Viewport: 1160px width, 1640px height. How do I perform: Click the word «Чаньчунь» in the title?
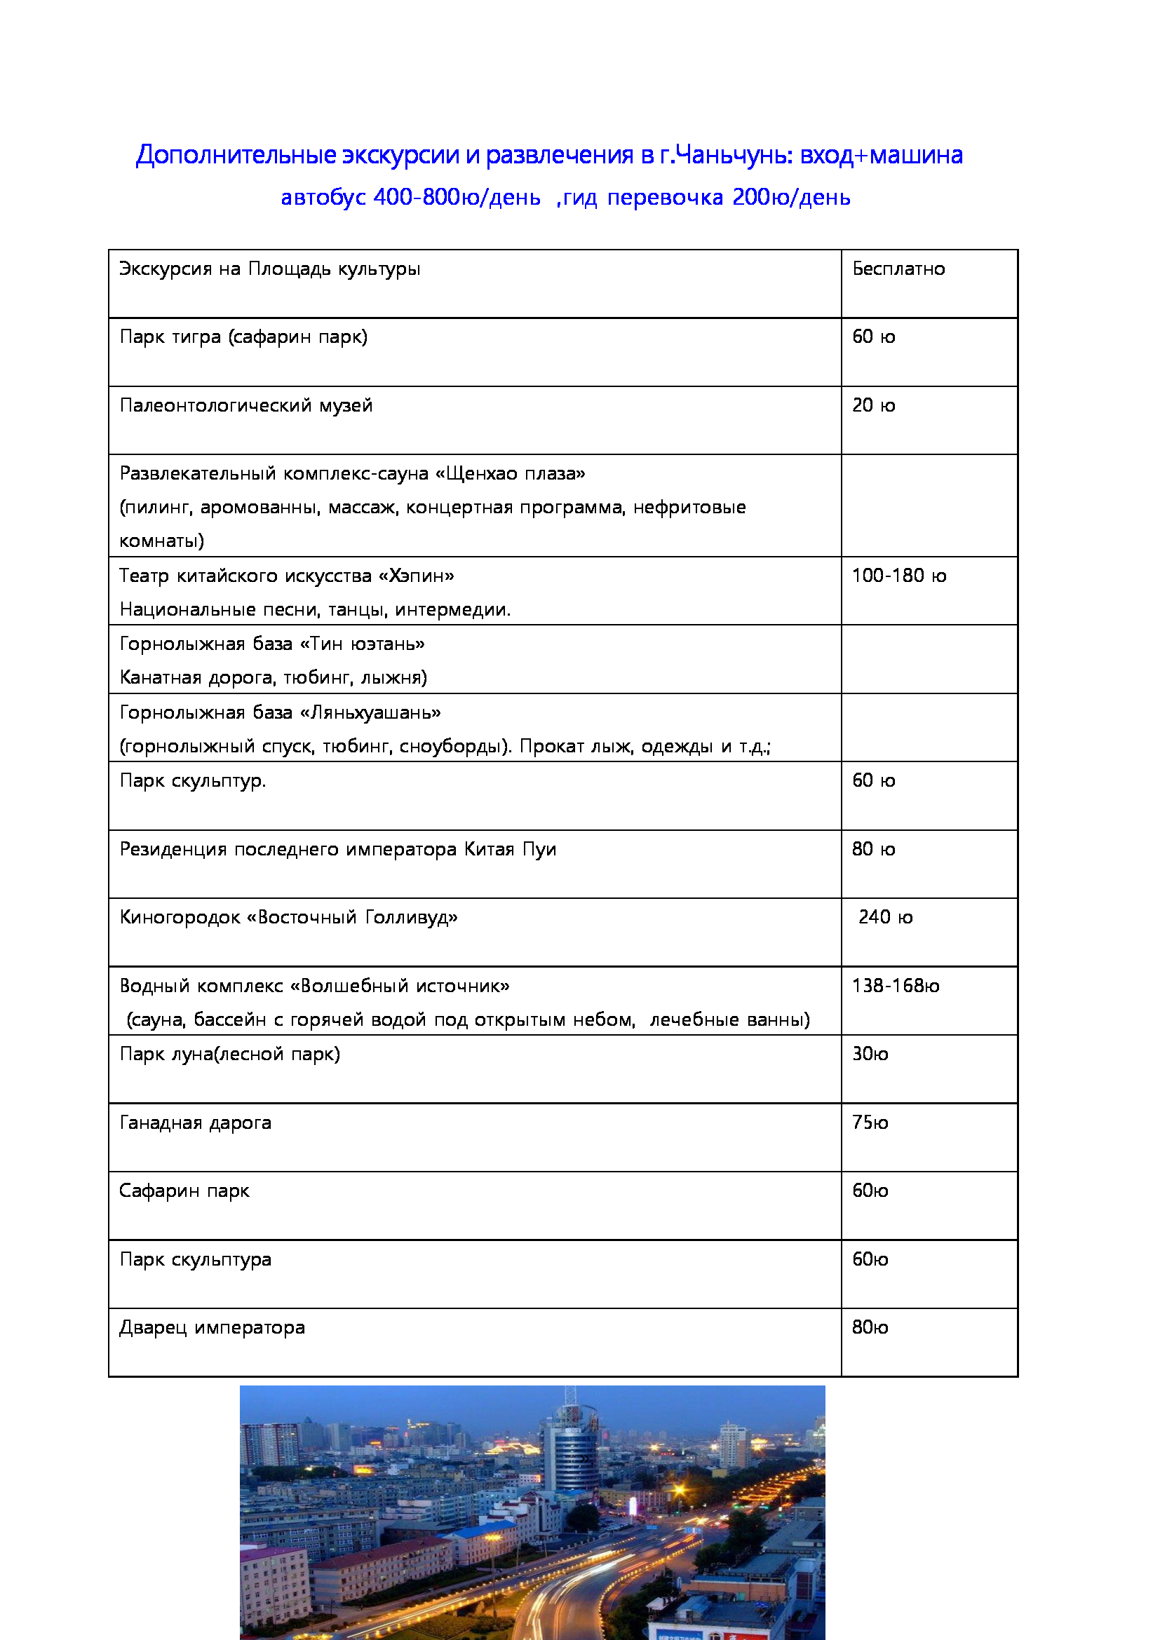point(731,155)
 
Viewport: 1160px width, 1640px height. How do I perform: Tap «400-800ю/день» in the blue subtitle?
point(457,197)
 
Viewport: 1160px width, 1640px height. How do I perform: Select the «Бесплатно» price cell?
point(898,269)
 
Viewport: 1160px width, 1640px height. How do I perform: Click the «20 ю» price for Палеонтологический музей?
point(873,406)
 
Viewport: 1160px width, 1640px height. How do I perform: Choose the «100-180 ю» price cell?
point(898,576)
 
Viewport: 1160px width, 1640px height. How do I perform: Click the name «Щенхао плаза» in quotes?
point(510,473)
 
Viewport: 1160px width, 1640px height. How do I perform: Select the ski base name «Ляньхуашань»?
point(370,713)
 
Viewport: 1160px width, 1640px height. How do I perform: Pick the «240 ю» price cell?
point(885,917)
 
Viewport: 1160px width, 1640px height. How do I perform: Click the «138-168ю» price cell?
point(895,986)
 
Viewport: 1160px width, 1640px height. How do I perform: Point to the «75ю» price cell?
point(869,1123)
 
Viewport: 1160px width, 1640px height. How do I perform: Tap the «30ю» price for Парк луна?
point(869,1055)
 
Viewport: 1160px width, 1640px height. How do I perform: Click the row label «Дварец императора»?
point(212,1328)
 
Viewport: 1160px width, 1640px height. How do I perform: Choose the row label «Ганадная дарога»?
point(195,1123)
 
